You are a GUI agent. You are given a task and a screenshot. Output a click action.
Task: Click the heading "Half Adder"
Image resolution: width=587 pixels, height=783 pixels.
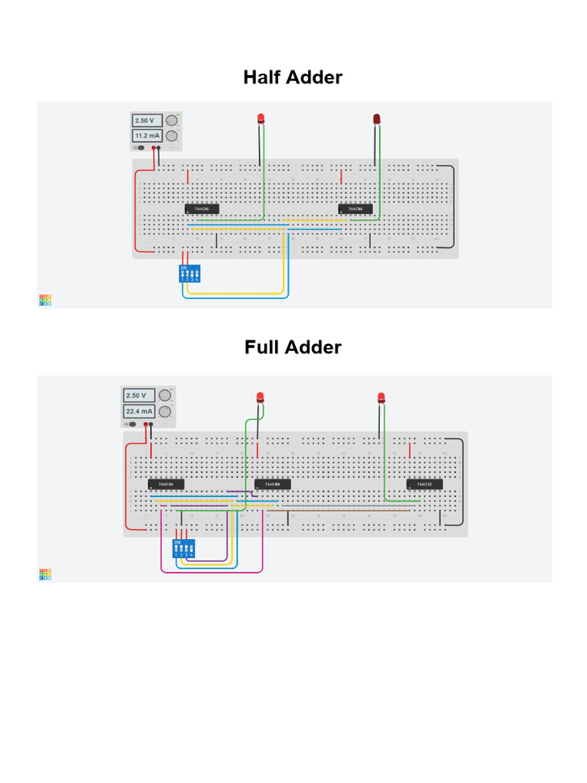click(x=293, y=77)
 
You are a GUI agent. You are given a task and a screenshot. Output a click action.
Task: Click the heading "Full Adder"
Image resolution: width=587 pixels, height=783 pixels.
click(x=293, y=347)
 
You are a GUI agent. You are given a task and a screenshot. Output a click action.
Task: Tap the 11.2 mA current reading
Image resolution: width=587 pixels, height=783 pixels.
click(x=147, y=136)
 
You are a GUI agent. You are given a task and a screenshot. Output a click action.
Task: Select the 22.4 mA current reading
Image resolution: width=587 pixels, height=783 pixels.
click(x=138, y=411)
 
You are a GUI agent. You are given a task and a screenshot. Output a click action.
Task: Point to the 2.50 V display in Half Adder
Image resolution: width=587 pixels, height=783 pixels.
click(x=147, y=120)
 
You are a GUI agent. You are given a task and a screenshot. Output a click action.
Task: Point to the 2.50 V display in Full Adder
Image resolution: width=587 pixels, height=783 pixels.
click(x=138, y=395)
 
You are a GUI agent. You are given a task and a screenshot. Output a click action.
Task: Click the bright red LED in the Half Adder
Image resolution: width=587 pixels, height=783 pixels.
click(x=261, y=118)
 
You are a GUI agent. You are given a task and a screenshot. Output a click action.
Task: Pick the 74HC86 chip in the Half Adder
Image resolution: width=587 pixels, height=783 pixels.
click(x=202, y=209)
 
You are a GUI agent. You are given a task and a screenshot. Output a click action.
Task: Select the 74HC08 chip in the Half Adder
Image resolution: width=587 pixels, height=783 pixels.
click(x=356, y=209)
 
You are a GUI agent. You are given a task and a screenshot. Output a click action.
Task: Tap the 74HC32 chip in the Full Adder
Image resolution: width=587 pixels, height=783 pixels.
click(x=424, y=484)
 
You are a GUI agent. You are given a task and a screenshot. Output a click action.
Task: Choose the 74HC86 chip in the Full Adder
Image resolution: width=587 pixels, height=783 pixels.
click(x=166, y=484)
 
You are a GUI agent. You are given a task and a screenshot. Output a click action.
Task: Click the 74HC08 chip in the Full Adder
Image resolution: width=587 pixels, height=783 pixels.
click(x=272, y=484)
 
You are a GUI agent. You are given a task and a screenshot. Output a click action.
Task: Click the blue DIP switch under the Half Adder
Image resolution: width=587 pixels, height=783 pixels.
click(x=190, y=275)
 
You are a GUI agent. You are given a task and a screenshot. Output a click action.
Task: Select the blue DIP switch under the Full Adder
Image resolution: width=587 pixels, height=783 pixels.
click(x=183, y=547)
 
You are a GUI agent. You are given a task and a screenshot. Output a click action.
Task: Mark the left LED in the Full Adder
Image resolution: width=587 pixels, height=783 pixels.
click(x=260, y=396)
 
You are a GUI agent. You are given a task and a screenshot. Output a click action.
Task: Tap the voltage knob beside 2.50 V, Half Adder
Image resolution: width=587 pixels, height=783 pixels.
click(x=173, y=120)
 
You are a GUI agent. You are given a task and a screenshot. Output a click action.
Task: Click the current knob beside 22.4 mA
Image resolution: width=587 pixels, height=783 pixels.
click(x=164, y=411)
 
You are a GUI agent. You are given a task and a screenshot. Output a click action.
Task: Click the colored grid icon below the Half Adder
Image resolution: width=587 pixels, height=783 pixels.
click(x=45, y=300)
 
